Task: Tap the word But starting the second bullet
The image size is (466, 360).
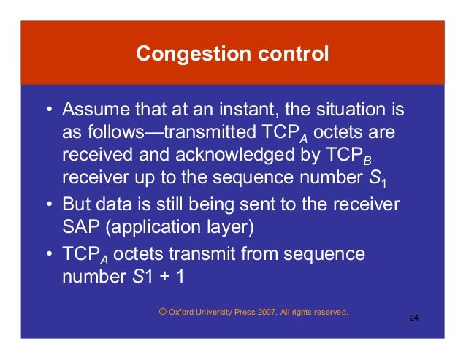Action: [76, 203]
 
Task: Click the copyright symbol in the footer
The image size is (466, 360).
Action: [163, 311]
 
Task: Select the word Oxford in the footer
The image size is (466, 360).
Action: [183, 312]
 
